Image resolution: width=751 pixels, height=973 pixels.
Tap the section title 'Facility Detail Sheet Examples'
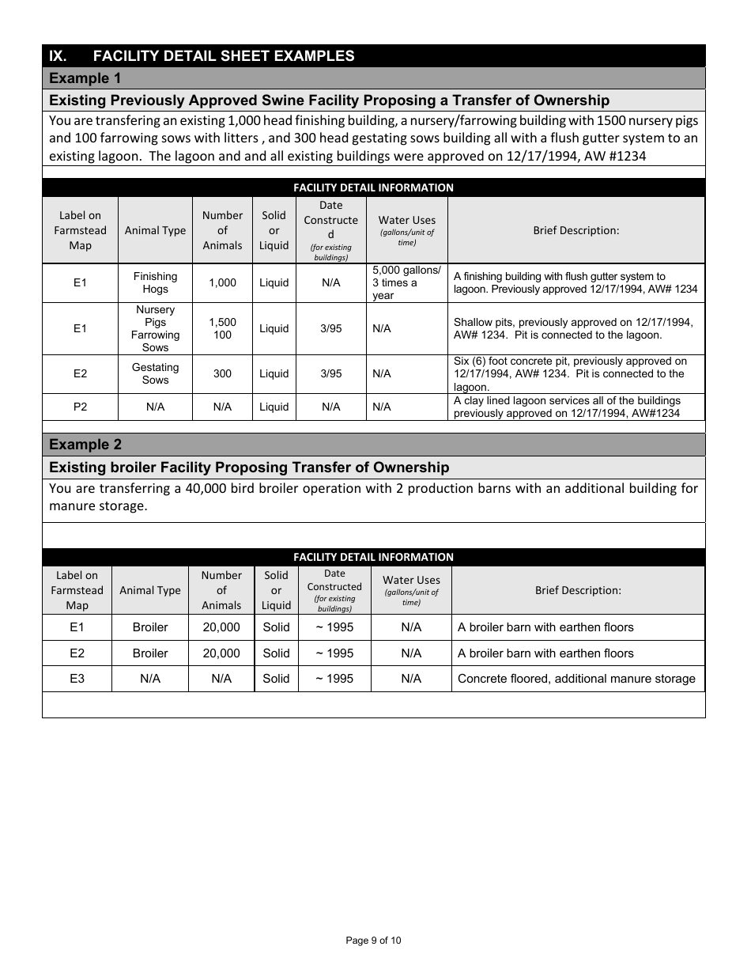pos(224,55)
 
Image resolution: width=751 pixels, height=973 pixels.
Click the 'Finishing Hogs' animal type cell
pos(155,282)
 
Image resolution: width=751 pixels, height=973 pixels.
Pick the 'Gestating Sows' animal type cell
pos(155,373)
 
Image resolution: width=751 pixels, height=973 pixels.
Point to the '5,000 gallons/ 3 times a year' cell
pos(406,282)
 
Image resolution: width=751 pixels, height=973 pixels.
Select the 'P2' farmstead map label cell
pos(80,407)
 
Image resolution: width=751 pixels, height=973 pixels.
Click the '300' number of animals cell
pos(222,373)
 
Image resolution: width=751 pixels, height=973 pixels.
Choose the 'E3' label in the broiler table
pos(77,679)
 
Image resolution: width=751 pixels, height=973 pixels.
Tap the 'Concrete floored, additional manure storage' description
pos(576,679)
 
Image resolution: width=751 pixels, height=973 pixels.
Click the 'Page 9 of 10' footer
pos(373,941)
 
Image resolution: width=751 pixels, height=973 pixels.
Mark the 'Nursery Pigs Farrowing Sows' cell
pos(155,328)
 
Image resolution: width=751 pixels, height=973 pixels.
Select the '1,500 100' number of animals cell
pos(222,328)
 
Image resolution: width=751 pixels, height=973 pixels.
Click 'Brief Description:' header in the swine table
pos(576,230)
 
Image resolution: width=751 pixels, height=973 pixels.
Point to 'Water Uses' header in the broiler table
pos(411,580)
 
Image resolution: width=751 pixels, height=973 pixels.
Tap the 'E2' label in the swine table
pos(80,373)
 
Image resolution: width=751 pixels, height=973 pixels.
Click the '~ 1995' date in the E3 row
pos(334,679)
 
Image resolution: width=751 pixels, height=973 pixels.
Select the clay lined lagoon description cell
pos(576,407)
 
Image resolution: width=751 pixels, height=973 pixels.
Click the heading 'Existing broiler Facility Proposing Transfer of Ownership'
pos(249,468)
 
